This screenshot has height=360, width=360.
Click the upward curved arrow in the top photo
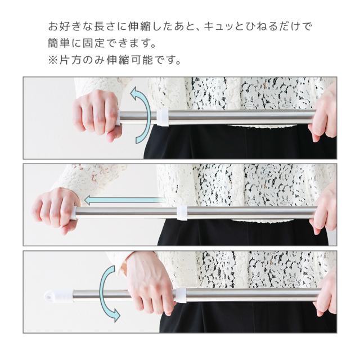coord(147,115)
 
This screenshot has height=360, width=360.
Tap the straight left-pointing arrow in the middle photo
coord(124,201)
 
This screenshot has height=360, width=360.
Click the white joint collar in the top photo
coord(163,117)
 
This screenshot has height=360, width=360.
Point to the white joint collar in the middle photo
coord(182,213)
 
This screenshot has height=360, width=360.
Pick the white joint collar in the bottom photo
coord(181,295)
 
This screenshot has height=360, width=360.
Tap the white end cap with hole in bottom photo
coord(58,295)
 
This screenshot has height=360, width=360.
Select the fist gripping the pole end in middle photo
coord(56,210)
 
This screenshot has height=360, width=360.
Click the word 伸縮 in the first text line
coord(139,26)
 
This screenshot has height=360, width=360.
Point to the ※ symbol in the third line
coord(53,60)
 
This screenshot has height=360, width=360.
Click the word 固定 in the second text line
coord(94,43)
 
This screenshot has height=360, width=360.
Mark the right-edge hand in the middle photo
coord(325,211)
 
